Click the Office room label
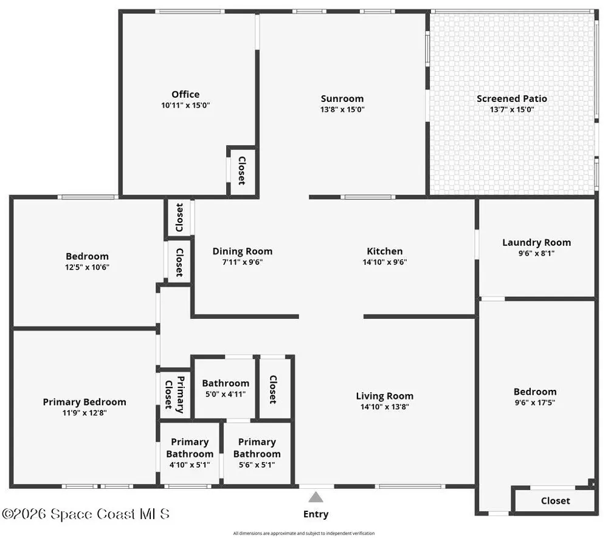pyautogui.click(x=185, y=94)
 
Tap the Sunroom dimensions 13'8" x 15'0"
pyautogui.click(x=342, y=110)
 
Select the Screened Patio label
pyautogui.click(x=512, y=99)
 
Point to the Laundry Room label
pyautogui.click(x=537, y=242)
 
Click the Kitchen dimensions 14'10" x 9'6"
pyautogui.click(x=385, y=262)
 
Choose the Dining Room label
pyautogui.click(x=243, y=251)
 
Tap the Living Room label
pyautogui.click(x=385, y=397)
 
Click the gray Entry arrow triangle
pyautogui.click(x=316, y=497)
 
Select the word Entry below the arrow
pyautogui.click(x=316, y=514)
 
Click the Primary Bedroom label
pyautogui.click(x=85, y=402)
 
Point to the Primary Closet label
pyautogui.click(x=174, y=394)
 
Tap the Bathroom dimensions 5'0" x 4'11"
pyautogui.click(x=226, y=394)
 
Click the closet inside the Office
pyautogui.click(x=241, y=171)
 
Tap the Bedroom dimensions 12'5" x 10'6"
pyautogui.click(x=87, y=267)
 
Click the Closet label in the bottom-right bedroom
pyautogui.click(x=555, y=501)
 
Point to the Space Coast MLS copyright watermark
pyautogui.click(x=86, y=514)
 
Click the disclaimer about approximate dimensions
pyautogui.click(x=304, y=533)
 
